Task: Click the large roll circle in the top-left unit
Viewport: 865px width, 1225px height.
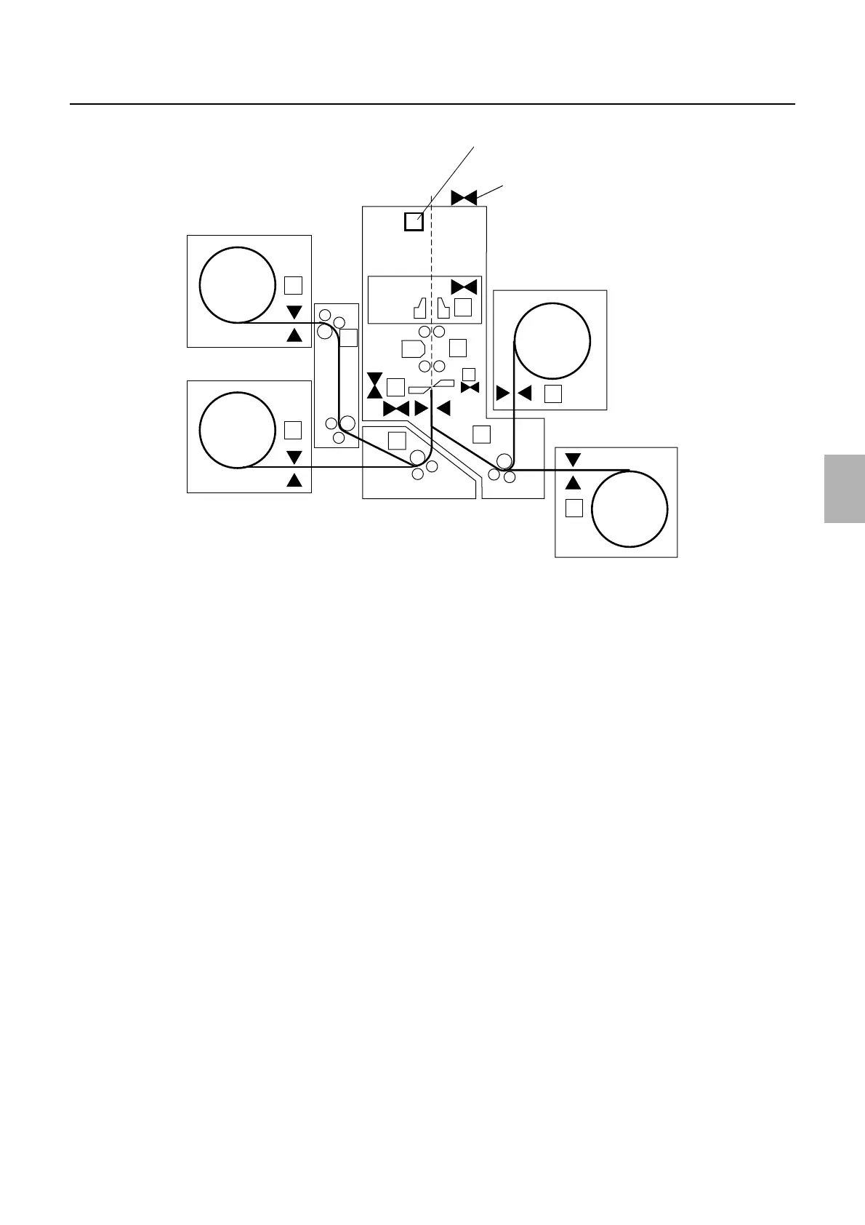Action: click(238, 284)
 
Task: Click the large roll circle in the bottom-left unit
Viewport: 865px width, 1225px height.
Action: click(238, 430)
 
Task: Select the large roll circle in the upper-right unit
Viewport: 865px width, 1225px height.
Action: click(552, 340)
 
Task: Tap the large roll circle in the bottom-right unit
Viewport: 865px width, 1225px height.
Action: click(629, 508)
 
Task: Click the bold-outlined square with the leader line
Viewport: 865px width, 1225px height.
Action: click(414, 221)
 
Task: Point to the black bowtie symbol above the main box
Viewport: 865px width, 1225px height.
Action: click(464, 197)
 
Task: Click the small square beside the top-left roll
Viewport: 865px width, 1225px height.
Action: click(293, 284)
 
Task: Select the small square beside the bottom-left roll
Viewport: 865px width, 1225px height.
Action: click(293, 430)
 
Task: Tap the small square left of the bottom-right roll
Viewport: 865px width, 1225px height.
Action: click(574, 508)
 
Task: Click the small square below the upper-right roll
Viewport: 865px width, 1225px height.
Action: click(553, 394)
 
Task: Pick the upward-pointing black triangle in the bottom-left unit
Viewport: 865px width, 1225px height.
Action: click(294, 480)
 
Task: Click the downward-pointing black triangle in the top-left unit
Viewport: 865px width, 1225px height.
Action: click(294, 312)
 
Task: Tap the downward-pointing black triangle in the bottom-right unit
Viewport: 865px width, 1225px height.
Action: click(574, 460)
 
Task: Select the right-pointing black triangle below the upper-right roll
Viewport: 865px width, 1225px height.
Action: click(503, 394)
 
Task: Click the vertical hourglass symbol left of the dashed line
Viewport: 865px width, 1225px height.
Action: click(375, 386)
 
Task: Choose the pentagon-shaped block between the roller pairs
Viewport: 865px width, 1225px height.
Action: click(413, 348)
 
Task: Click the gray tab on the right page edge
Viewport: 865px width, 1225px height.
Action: click(844, 489)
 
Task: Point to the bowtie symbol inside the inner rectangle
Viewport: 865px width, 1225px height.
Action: click(464, 287)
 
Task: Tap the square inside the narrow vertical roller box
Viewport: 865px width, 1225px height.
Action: click(349, 338)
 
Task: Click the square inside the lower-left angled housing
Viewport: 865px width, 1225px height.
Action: click(396, 440)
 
